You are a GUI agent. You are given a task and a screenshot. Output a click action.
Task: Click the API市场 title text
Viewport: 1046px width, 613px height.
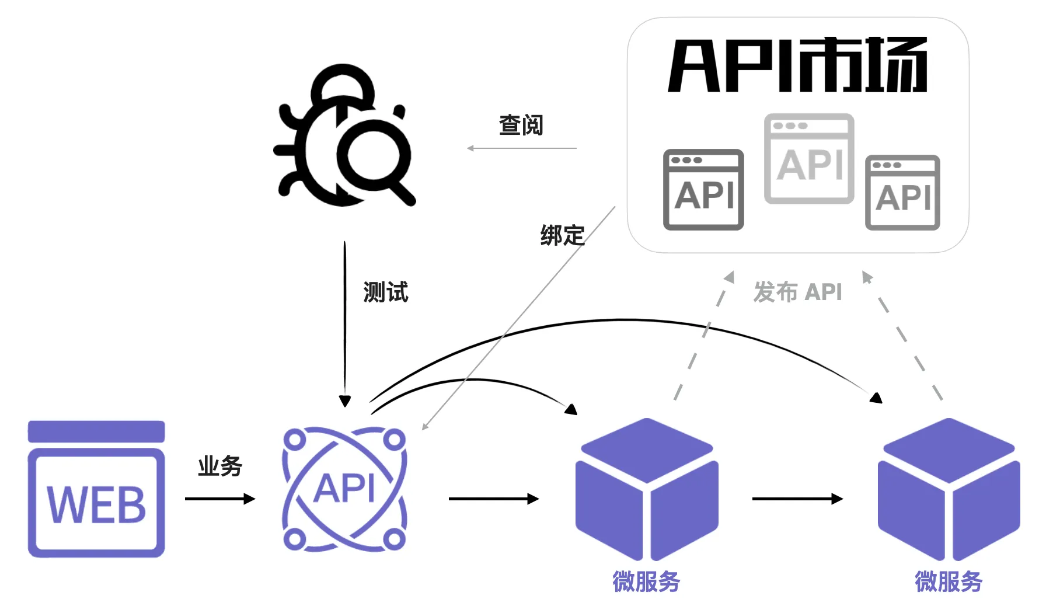coord(798,65)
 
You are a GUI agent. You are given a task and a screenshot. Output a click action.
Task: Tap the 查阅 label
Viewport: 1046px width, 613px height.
coord(521,125)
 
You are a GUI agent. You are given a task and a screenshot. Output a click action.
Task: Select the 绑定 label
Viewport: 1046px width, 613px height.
coord(562,235)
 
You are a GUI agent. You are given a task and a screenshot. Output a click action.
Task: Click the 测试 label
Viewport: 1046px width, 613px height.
coord(385,292)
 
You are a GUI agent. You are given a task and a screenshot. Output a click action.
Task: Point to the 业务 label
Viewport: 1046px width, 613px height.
coord(220,466)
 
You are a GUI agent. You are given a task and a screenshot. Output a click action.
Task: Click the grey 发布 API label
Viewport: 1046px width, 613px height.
coord(797,292)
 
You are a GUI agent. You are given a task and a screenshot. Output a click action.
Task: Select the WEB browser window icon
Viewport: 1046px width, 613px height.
coord(96,489)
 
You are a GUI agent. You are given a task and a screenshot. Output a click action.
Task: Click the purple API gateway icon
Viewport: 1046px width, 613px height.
coord(344,489)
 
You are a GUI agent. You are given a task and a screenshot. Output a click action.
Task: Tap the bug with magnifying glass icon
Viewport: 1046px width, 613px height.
coord(344,135)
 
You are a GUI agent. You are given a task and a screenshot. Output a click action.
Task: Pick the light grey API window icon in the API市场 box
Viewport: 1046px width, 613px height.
coord(809,159)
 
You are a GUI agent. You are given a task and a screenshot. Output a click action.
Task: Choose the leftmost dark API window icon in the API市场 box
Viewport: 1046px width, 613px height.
coord(703,190)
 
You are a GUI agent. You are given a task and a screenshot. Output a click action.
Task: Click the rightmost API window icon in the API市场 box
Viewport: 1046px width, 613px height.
coord(902,193)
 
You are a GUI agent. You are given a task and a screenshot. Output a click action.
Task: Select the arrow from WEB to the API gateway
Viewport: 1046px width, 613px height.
coord(220,499)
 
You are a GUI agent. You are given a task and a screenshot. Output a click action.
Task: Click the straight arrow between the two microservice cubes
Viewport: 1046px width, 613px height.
coord(797,499)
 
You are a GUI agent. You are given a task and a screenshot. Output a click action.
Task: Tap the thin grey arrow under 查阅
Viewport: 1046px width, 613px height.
coord(521,148)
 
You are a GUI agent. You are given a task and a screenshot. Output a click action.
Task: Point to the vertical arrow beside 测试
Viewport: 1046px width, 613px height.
coord(345,324)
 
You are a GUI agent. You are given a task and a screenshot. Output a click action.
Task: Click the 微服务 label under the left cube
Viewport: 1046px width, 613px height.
coord(646,581)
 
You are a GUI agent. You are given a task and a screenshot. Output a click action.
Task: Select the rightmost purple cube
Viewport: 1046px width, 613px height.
coord(949,489)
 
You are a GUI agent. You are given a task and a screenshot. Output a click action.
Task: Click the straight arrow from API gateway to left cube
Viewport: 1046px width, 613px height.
coord(494,499)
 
